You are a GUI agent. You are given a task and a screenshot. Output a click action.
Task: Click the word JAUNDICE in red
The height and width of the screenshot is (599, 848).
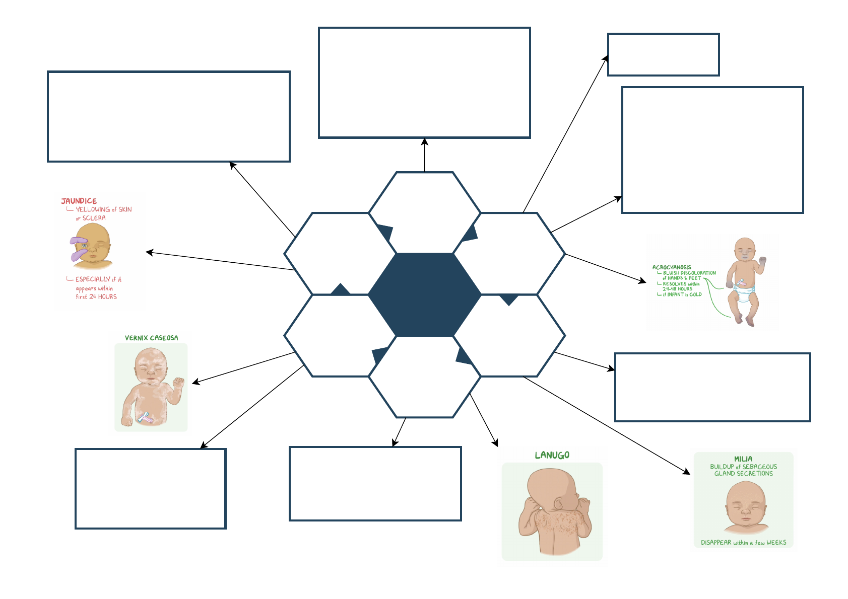79,201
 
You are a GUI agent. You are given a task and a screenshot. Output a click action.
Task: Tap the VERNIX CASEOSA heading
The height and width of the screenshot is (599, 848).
151,338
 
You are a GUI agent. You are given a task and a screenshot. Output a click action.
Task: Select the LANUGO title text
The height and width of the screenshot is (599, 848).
552,455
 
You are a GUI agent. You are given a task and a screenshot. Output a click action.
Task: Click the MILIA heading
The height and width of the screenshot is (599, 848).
743,459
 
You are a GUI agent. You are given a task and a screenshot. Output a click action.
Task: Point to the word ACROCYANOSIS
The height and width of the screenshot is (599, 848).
672,267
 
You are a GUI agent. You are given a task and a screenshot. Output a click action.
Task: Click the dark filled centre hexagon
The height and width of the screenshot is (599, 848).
424,294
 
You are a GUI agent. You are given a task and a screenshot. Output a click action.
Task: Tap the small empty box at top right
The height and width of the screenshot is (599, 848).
663,55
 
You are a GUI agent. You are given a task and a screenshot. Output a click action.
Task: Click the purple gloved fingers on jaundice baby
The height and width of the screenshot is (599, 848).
79,248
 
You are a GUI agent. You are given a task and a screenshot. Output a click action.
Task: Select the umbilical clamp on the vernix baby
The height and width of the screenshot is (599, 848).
145,417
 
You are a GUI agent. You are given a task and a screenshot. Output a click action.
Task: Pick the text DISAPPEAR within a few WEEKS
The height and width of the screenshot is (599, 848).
743,543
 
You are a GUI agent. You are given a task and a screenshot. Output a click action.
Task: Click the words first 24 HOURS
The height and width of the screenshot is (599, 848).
96,296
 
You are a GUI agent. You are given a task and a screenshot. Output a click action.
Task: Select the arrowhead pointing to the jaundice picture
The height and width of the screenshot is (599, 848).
148,252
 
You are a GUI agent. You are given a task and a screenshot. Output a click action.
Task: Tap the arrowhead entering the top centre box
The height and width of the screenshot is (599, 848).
424,141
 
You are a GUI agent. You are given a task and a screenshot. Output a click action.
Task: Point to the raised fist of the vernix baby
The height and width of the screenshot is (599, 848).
178,383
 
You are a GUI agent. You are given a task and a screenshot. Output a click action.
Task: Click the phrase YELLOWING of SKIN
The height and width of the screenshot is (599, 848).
103,209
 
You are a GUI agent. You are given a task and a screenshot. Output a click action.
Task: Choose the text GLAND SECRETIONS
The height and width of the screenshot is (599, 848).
743,473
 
